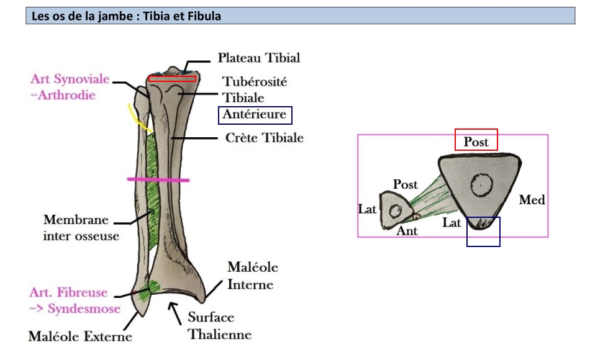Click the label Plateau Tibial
(x=258, y=58)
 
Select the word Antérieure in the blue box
(x=255, y=115)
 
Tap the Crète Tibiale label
(x=264, y=137)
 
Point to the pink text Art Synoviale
(x=70, y=80)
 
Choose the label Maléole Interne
(x=252, y=276)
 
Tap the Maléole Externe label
(x=80, y=337)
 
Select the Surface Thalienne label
(x=220, y=326)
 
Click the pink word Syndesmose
(x=81, y=308)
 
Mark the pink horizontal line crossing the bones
(x=158, y=179)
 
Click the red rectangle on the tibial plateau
(x=172, y=78)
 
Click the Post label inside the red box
(x=476, y=142)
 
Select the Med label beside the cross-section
(x=532, y=200)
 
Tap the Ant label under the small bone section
(x=407, y=231)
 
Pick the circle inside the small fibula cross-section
(x=394, y=210)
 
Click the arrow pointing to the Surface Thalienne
(x=177, y=310)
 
